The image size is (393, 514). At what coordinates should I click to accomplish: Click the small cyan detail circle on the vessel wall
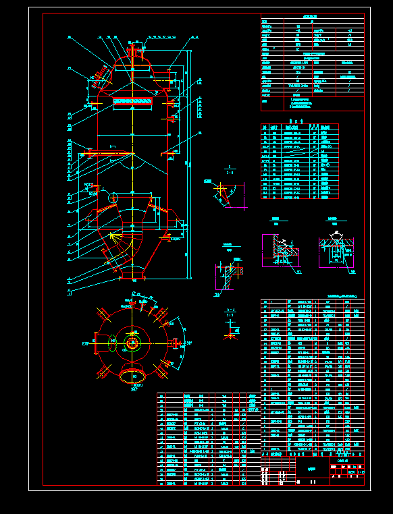[113, 197]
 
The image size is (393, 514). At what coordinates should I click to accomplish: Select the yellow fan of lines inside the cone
[116, 240]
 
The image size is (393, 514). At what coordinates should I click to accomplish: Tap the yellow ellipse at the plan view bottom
[133, 376]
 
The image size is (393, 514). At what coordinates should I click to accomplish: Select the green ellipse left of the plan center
[113, 343]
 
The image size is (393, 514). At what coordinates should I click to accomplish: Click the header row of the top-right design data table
[311, 18]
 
